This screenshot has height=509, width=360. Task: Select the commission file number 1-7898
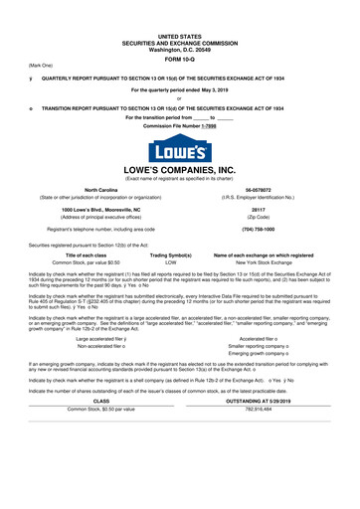(205, 127)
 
